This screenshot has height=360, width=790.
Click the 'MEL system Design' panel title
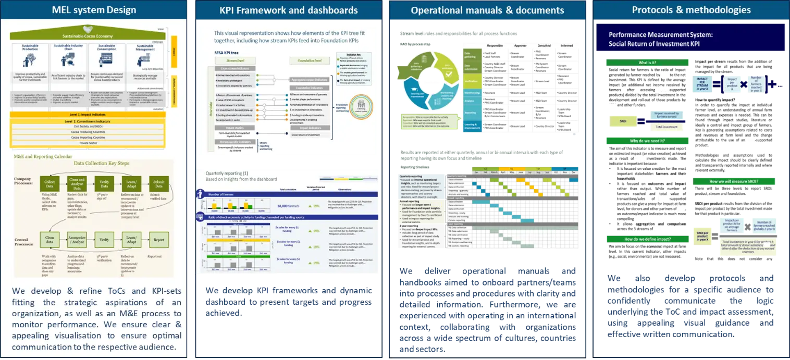pyautogui.click(x=94, y=10)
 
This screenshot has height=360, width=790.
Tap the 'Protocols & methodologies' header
pyautogui.click(x=691, y=10)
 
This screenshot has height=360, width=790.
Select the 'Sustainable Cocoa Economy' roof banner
pyautogui.click(x=94, y=36)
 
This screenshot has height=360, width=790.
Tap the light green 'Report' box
pyautogui.click(x=158, y=240)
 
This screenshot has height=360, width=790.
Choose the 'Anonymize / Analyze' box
pyautogui.click(x=77, y=240)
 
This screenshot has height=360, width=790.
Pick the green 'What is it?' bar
pyautogui.click(x=647, y=63)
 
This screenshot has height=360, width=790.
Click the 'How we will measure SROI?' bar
pyautogui.click(x=734, y=181)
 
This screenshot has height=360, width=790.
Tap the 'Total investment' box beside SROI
pyautogui.click(x=659, y=127)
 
